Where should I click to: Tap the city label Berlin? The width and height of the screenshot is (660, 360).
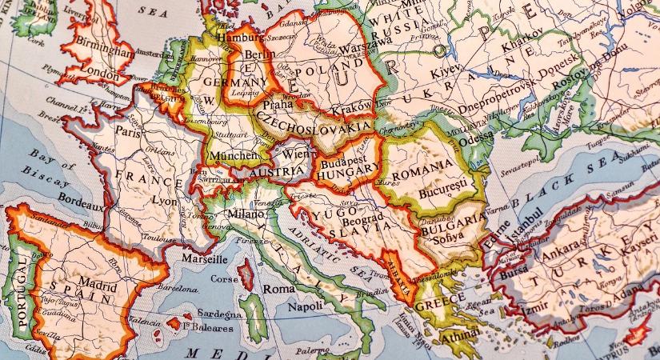tap(255, 55)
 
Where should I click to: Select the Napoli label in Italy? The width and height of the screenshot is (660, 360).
tap(305, 306)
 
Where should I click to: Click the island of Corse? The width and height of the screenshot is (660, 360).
tap(246, 276)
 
